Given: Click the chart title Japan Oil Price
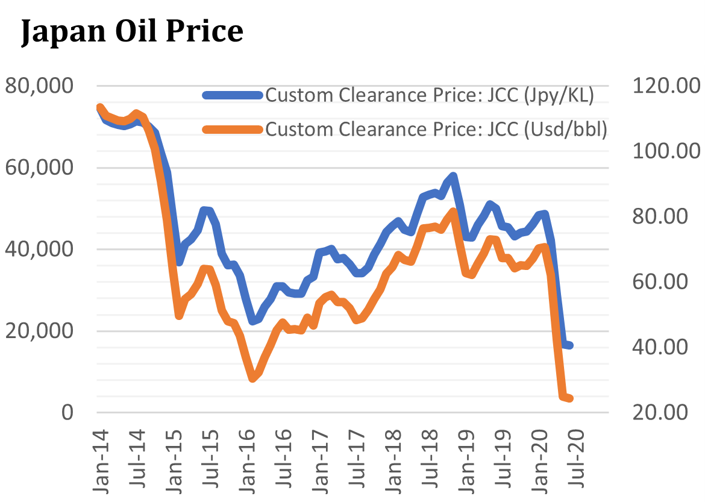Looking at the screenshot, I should pyautogui.click(x=132, y=31).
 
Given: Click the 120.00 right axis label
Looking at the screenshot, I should pyautogui.click(x=660, y=86).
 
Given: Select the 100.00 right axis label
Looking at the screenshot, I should pyautogui.click(x=660, y=151).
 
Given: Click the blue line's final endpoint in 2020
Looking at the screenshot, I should pyautogui.click(x=569, y=345).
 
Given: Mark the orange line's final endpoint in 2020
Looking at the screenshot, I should pyautogui.click(x=569, y=398).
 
